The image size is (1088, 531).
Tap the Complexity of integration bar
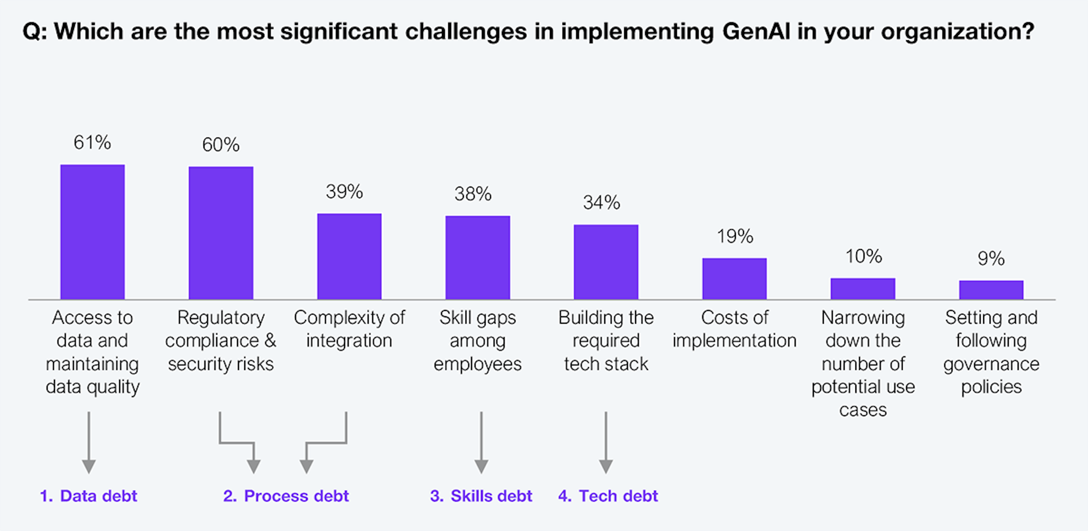[x=349, y=257]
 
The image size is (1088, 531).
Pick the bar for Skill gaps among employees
[x=478, y=258]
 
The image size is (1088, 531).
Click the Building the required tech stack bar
[x=606, y=262]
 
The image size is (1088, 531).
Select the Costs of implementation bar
[x=734, y=279]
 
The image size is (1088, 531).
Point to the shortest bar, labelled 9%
[x=991, y=290]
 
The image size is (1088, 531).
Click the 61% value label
[x=92, y=142]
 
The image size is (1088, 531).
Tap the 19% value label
[x=735, y=236]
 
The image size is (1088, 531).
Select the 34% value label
[x=602, y=203]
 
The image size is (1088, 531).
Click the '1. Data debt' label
[x=89, y=496]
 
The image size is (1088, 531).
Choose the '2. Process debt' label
[x=286, y=496]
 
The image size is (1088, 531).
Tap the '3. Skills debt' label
[x=481, y=496]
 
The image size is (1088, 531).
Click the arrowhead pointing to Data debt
[x=89, y=466]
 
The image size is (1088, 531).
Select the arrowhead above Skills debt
[x=481, y=466]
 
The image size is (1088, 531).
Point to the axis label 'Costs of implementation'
[x=734, y=329]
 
